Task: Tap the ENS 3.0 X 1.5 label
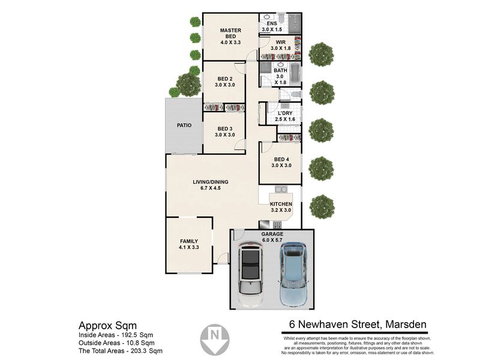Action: click(272, 26)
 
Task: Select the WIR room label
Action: click(281, 42)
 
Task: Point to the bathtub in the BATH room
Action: click(295, 74)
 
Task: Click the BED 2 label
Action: click(225, 79)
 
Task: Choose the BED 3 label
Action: click(225, 129)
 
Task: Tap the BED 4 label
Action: click(281, 159)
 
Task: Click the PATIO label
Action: click(184, 125)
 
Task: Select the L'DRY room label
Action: click(285, 113)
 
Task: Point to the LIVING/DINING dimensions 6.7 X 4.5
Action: click(211, 188)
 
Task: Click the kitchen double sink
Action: click(281, 189)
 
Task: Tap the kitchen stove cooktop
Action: click(277, 225)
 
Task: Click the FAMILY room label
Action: click(189, 241)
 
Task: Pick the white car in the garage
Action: click(251, 274)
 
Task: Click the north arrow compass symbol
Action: click(215, 340)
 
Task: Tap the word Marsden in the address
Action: click(406, 324)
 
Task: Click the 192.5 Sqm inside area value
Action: click(136, 335)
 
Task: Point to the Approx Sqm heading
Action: click(108, 325)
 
